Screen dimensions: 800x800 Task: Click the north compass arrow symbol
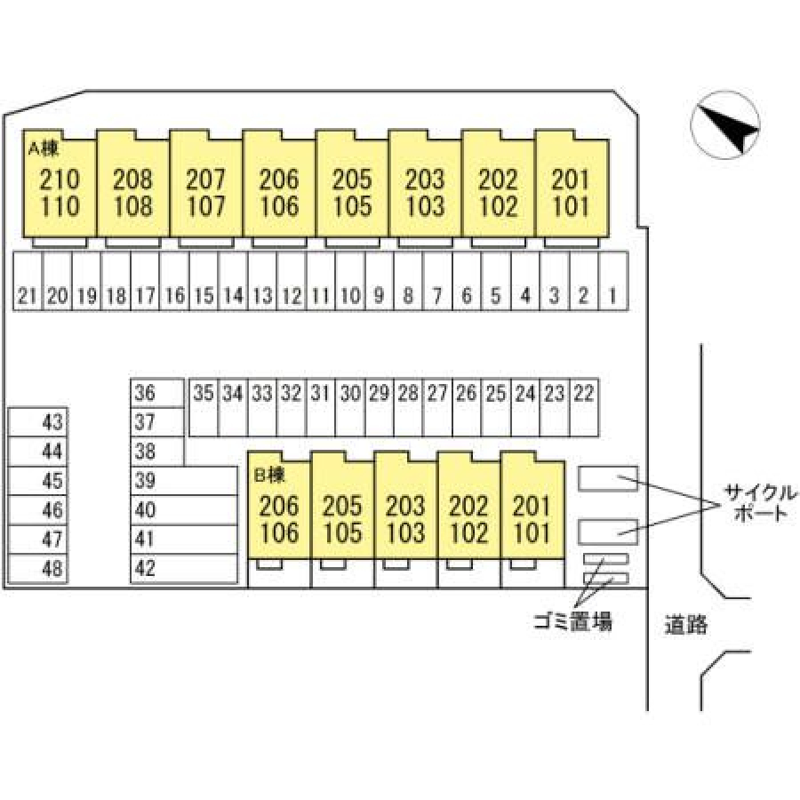[727, 127]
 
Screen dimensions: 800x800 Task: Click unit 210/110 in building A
[60, 193]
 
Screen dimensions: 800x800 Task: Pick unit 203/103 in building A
[424, 193]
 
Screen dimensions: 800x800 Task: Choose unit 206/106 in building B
[279, 520]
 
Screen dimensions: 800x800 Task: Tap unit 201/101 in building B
[532, 520]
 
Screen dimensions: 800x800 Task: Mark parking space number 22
[584, 393]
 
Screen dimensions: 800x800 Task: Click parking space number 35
[204, 393]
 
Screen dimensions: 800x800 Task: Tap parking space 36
[146, 393]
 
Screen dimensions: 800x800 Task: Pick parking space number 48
[53, 568]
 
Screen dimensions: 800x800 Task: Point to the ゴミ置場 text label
[572, 621]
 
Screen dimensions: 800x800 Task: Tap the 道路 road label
[685, 625]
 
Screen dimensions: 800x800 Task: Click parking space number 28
[408, 393]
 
